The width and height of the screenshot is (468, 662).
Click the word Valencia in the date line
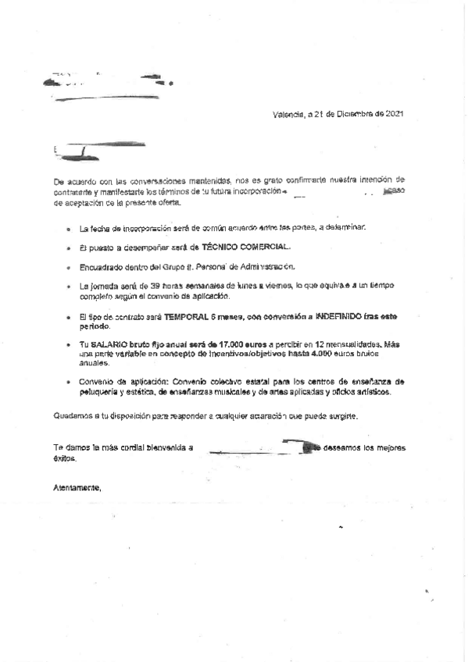(x=287, y=115)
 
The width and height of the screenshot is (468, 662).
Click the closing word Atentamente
(x=77, y=488)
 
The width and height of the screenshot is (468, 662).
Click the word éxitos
(x=64, y=458)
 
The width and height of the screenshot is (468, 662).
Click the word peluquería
(x=104, y=393)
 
